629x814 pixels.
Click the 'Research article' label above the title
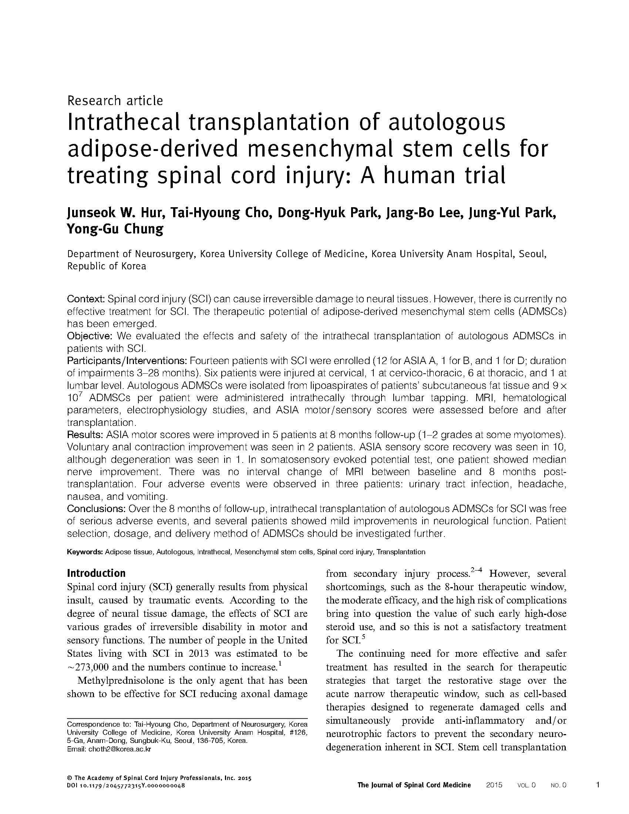click(115, 101)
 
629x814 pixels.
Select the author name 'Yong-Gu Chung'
click(115, 229)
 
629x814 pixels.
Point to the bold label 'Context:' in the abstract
click(85, 299)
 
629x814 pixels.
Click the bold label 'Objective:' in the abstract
click(90, 336)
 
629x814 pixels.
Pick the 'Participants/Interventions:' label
click(127, 361)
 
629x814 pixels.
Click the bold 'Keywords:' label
click(85, 552)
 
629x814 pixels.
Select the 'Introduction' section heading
click(96, 573)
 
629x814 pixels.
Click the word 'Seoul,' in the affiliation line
click(533, 254)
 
